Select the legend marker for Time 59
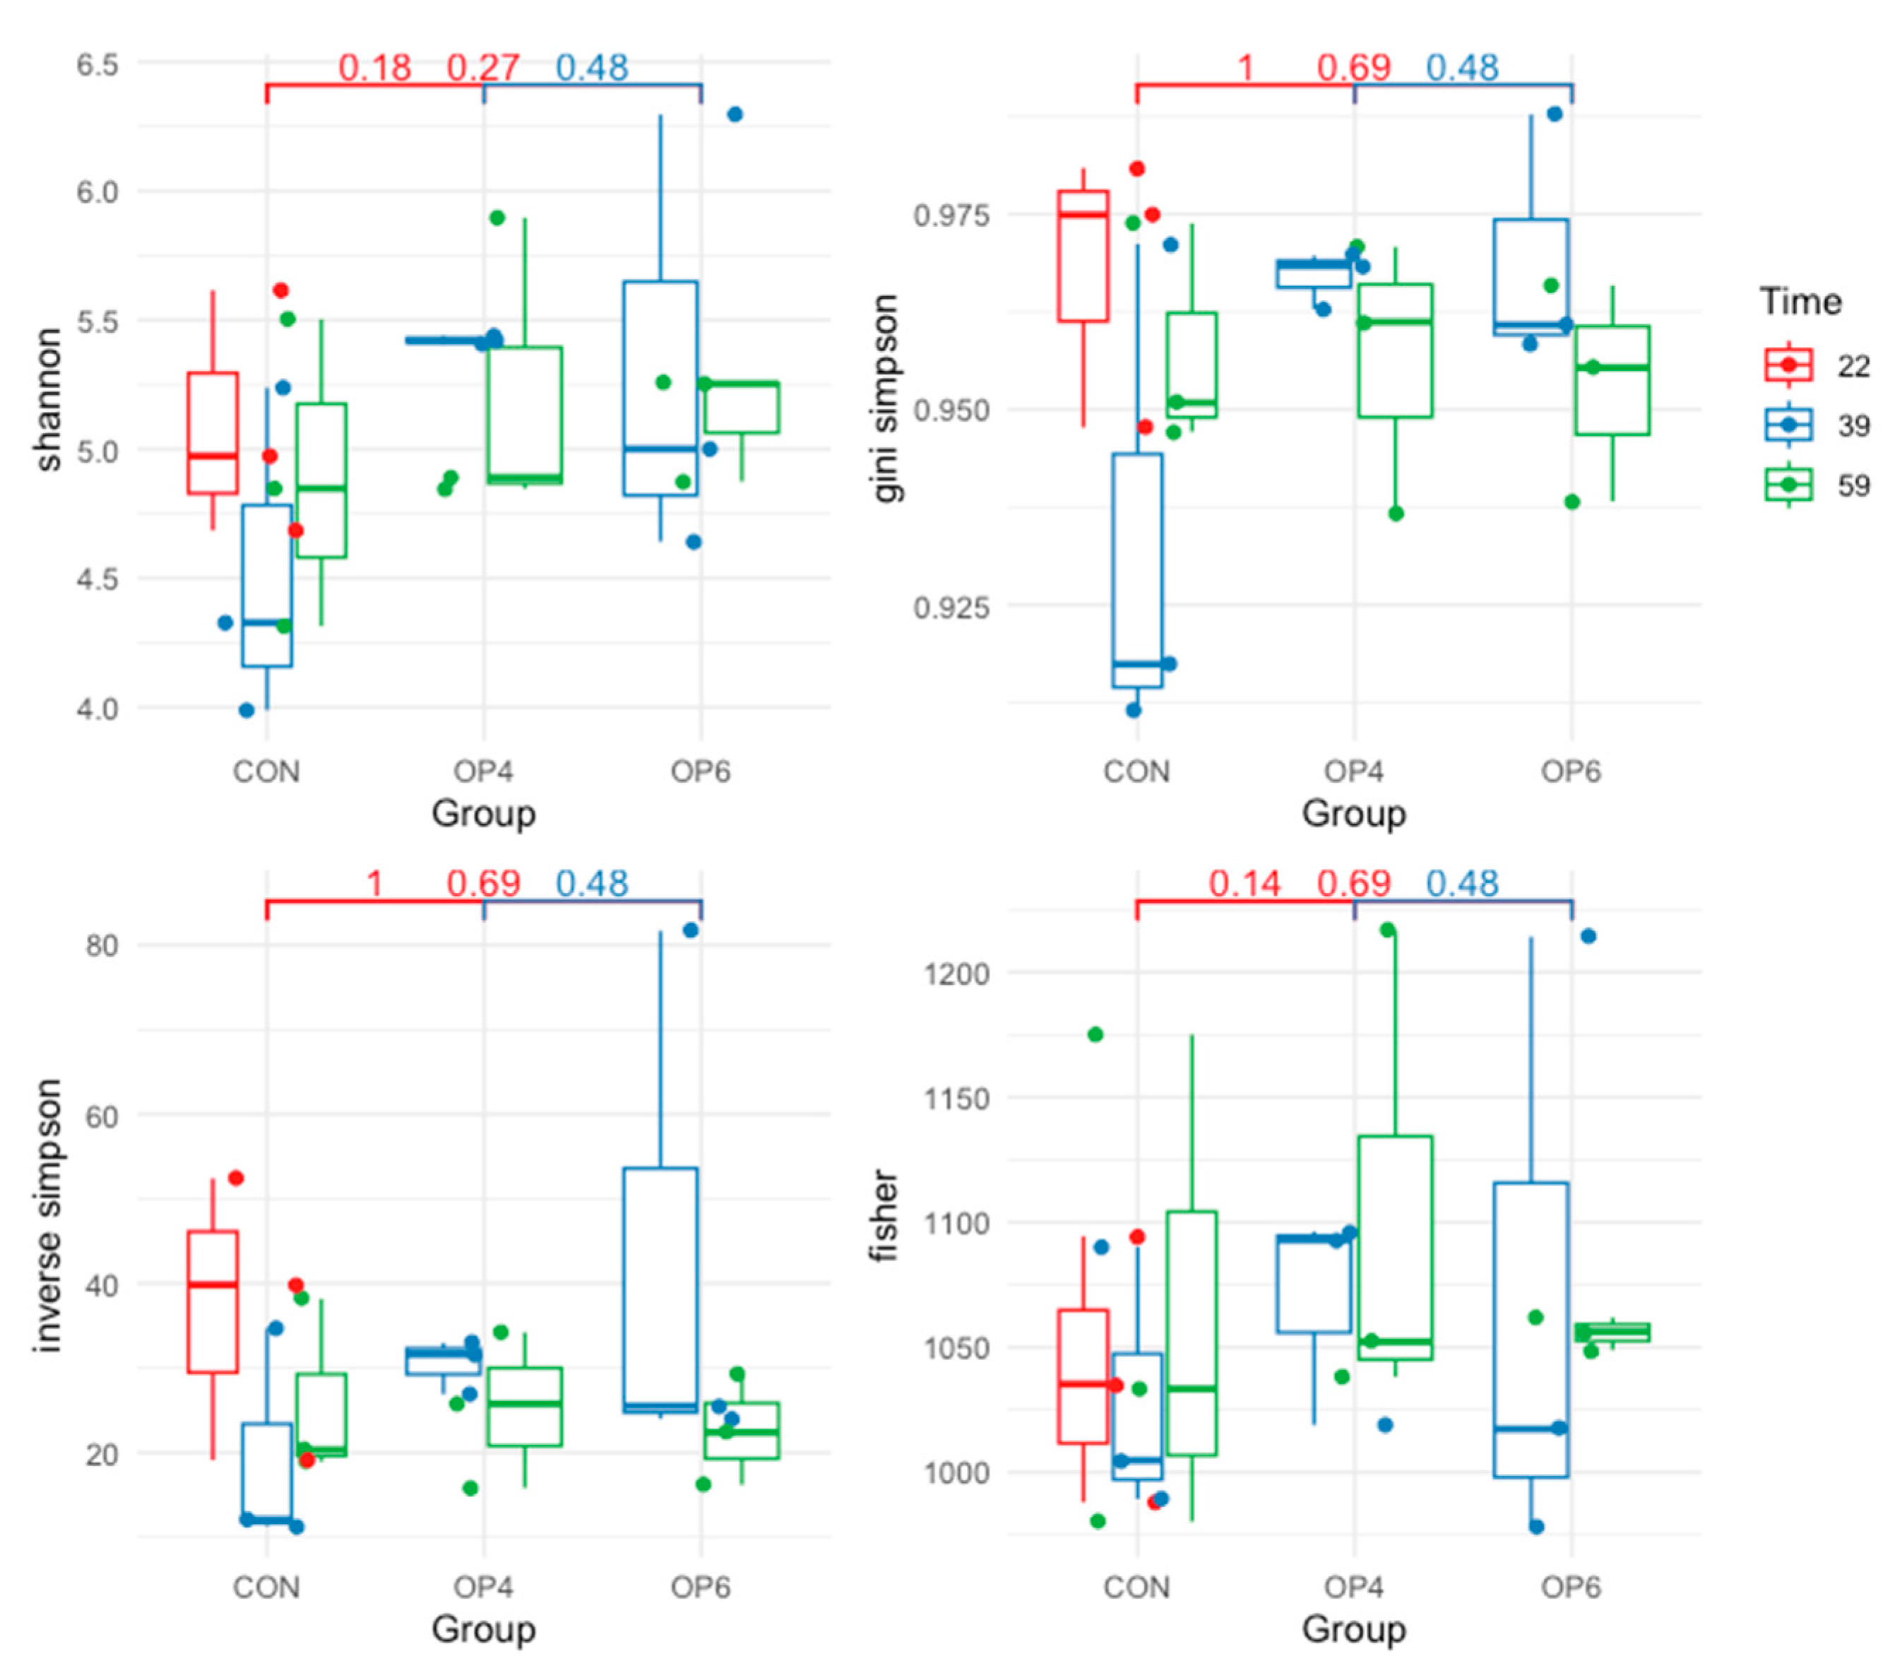[x=1789, y=485]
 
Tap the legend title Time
[x=1800, y=301]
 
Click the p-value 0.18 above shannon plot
[x=374, y=67]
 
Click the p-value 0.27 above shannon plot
[x=482, y=67]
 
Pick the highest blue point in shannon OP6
[x=735, y=114]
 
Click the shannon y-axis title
[x=48, y=400]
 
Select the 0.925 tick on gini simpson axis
[x=951, y=607]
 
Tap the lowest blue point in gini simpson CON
[x=1133, y=709]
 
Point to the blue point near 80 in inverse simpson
[x=691, y=930]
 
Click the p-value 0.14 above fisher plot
[x=1244, y=884]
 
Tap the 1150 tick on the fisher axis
[x=956, y=1098]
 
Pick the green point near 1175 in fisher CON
[x=1095, y=1034]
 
